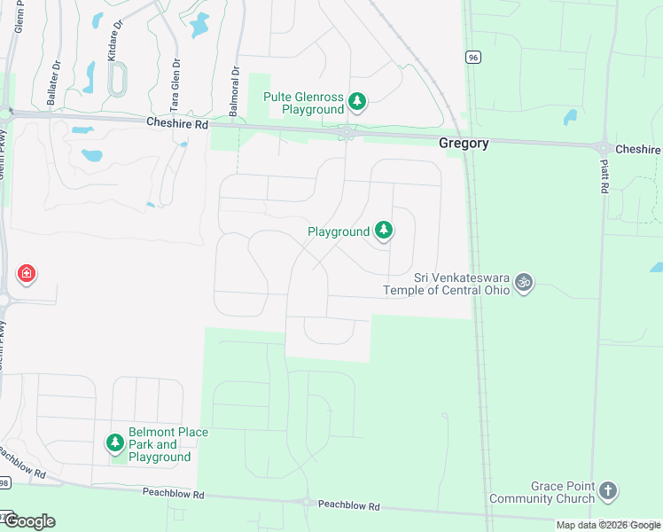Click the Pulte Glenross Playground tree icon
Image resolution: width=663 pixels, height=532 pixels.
click(357, 103)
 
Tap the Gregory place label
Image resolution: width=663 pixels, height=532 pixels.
click(464, 144)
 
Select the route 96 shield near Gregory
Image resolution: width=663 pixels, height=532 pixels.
click(474, 57)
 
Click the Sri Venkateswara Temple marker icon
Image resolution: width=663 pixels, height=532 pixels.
click(524, 282)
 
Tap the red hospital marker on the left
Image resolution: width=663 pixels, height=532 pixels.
click(27, 273)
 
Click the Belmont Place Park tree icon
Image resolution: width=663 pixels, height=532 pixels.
click(114, 442)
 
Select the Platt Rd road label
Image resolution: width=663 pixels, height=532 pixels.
click(604, 177)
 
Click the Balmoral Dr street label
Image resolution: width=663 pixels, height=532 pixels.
click(235, 88)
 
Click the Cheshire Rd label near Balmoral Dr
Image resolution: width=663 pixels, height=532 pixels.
click(176, 125)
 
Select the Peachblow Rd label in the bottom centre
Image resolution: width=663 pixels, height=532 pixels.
click(349, 505)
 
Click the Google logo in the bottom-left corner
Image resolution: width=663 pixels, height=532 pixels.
click(28, 521)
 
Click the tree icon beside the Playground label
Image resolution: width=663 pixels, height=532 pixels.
click(383, 231)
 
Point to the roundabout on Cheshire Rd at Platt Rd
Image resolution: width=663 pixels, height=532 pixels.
click(603, 149)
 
